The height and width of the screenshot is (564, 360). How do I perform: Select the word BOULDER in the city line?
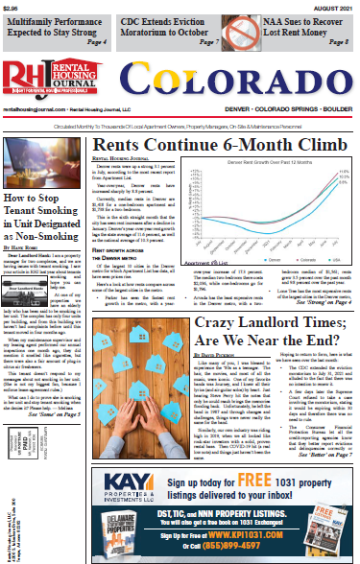point(337,111)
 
